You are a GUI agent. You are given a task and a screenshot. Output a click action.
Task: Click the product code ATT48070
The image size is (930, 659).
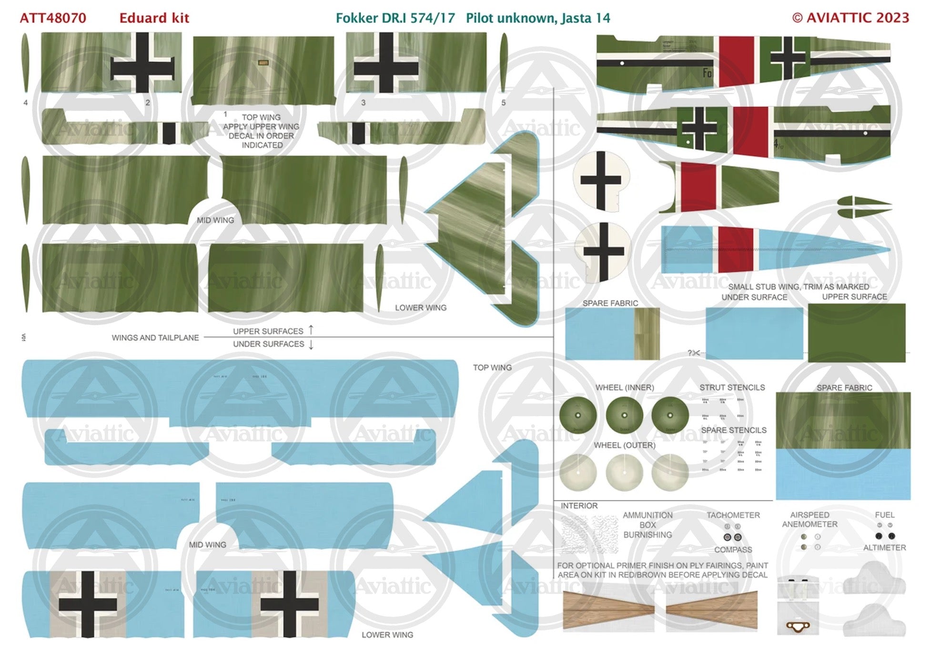click(53, 18)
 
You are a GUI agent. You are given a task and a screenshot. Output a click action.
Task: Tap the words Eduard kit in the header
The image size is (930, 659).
click(154, 18)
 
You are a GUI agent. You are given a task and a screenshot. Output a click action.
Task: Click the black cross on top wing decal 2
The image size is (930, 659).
click(142, 63)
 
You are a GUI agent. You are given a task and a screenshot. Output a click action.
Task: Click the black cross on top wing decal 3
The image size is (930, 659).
click(386, 63)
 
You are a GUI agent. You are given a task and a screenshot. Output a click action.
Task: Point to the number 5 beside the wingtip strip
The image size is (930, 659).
click(503, 102)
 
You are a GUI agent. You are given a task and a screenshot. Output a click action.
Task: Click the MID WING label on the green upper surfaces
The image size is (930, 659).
click(215, 220)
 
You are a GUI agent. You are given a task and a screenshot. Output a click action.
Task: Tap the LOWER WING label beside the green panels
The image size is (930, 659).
click(421, 308)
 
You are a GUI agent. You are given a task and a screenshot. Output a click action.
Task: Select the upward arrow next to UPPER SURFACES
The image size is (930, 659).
click(311, 329)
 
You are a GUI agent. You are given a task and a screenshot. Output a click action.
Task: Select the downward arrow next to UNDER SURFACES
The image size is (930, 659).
click(311, 344)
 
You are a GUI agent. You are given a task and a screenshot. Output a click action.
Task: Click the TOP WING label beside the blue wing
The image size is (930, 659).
click(492, 368)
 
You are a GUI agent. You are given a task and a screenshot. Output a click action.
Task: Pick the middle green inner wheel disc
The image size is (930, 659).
click(624, 415)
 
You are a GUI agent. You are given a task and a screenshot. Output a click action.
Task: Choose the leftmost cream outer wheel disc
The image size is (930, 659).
click(578, 472)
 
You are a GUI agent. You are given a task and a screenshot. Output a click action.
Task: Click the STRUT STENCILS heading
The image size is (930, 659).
click(732, 388)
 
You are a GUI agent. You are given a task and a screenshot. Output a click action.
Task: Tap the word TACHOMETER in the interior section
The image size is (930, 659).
click(733, 515)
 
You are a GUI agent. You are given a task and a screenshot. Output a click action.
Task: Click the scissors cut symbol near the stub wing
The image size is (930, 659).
click(694, 353)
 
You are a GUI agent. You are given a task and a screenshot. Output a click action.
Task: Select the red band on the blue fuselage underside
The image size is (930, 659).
click(735, 249)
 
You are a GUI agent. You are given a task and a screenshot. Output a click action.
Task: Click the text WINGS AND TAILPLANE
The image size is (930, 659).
click(155, 338)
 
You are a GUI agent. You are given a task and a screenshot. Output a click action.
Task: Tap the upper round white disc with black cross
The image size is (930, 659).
click(601, 180)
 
